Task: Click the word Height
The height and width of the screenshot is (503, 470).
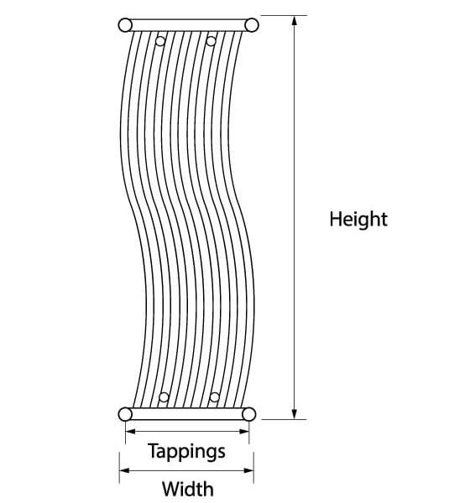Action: point(358,220)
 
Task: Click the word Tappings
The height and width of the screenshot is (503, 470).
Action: point(186,451)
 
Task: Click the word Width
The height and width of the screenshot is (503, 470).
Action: point(188,489)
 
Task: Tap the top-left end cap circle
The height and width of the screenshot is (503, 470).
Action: point(125,25)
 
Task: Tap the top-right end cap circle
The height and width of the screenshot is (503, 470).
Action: point(252,25)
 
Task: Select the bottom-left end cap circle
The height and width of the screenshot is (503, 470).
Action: point(125,414)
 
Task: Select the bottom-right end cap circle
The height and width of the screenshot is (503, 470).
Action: point(249,414)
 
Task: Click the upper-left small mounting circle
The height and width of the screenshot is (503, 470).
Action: point(160,41)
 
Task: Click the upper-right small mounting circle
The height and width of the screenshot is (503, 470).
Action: point(211,41)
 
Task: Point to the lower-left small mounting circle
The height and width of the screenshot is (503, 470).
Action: point(164,397)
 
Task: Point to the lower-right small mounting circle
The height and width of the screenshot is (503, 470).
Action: point(214,397)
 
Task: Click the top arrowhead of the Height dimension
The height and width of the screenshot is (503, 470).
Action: point(295,20)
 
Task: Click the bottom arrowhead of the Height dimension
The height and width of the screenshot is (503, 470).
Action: point(295,414)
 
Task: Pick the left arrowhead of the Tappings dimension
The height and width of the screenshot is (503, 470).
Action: point(130,432)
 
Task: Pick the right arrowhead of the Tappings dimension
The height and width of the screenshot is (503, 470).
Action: point(244,432)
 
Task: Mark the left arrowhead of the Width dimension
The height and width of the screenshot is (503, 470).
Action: point(124,470)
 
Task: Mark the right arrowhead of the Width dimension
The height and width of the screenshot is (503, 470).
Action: point(248,470)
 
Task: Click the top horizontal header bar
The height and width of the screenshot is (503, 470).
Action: point(188,25)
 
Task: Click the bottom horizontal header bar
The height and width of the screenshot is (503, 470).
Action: point(187,414)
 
